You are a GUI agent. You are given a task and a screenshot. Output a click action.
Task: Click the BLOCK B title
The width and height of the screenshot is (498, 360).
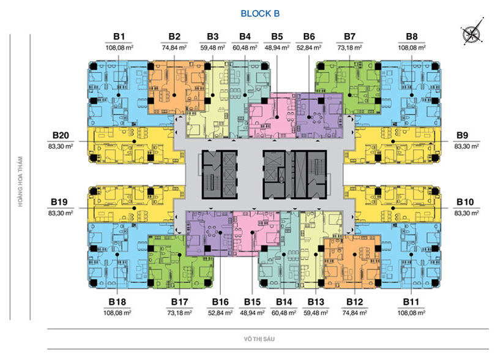260,13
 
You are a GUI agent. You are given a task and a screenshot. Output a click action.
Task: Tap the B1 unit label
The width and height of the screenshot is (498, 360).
119,37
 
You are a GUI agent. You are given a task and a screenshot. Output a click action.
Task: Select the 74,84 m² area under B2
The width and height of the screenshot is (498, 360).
174,48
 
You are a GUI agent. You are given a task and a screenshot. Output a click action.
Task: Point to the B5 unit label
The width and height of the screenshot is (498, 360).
277,37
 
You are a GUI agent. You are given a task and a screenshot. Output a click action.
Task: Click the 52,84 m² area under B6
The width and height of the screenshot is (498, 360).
309,48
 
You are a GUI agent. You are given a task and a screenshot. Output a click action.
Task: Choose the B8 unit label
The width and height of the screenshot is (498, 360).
412,37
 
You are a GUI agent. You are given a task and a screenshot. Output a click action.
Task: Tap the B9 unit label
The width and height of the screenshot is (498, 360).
463,135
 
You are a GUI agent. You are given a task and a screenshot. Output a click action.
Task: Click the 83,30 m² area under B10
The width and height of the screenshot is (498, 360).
467,213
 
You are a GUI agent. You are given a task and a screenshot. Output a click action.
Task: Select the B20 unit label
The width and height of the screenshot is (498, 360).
61,135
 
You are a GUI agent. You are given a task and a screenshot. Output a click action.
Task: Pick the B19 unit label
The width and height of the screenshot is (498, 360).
59,202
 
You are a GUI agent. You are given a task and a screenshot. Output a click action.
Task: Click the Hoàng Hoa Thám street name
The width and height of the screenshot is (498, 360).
20,181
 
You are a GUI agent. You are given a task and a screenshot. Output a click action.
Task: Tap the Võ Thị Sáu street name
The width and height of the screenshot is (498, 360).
259,339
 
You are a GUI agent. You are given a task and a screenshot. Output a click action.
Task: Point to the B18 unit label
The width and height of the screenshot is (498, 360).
117,302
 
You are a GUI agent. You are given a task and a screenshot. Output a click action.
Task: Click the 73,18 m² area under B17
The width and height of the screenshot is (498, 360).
179,313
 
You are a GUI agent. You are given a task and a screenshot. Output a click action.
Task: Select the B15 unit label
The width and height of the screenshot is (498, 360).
252,302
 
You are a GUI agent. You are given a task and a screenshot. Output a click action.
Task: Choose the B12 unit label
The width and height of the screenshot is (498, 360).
354,302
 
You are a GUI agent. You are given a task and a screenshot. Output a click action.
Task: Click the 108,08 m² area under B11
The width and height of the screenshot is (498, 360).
411,313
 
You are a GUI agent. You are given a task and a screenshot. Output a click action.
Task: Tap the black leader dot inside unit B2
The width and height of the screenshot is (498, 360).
174,95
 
